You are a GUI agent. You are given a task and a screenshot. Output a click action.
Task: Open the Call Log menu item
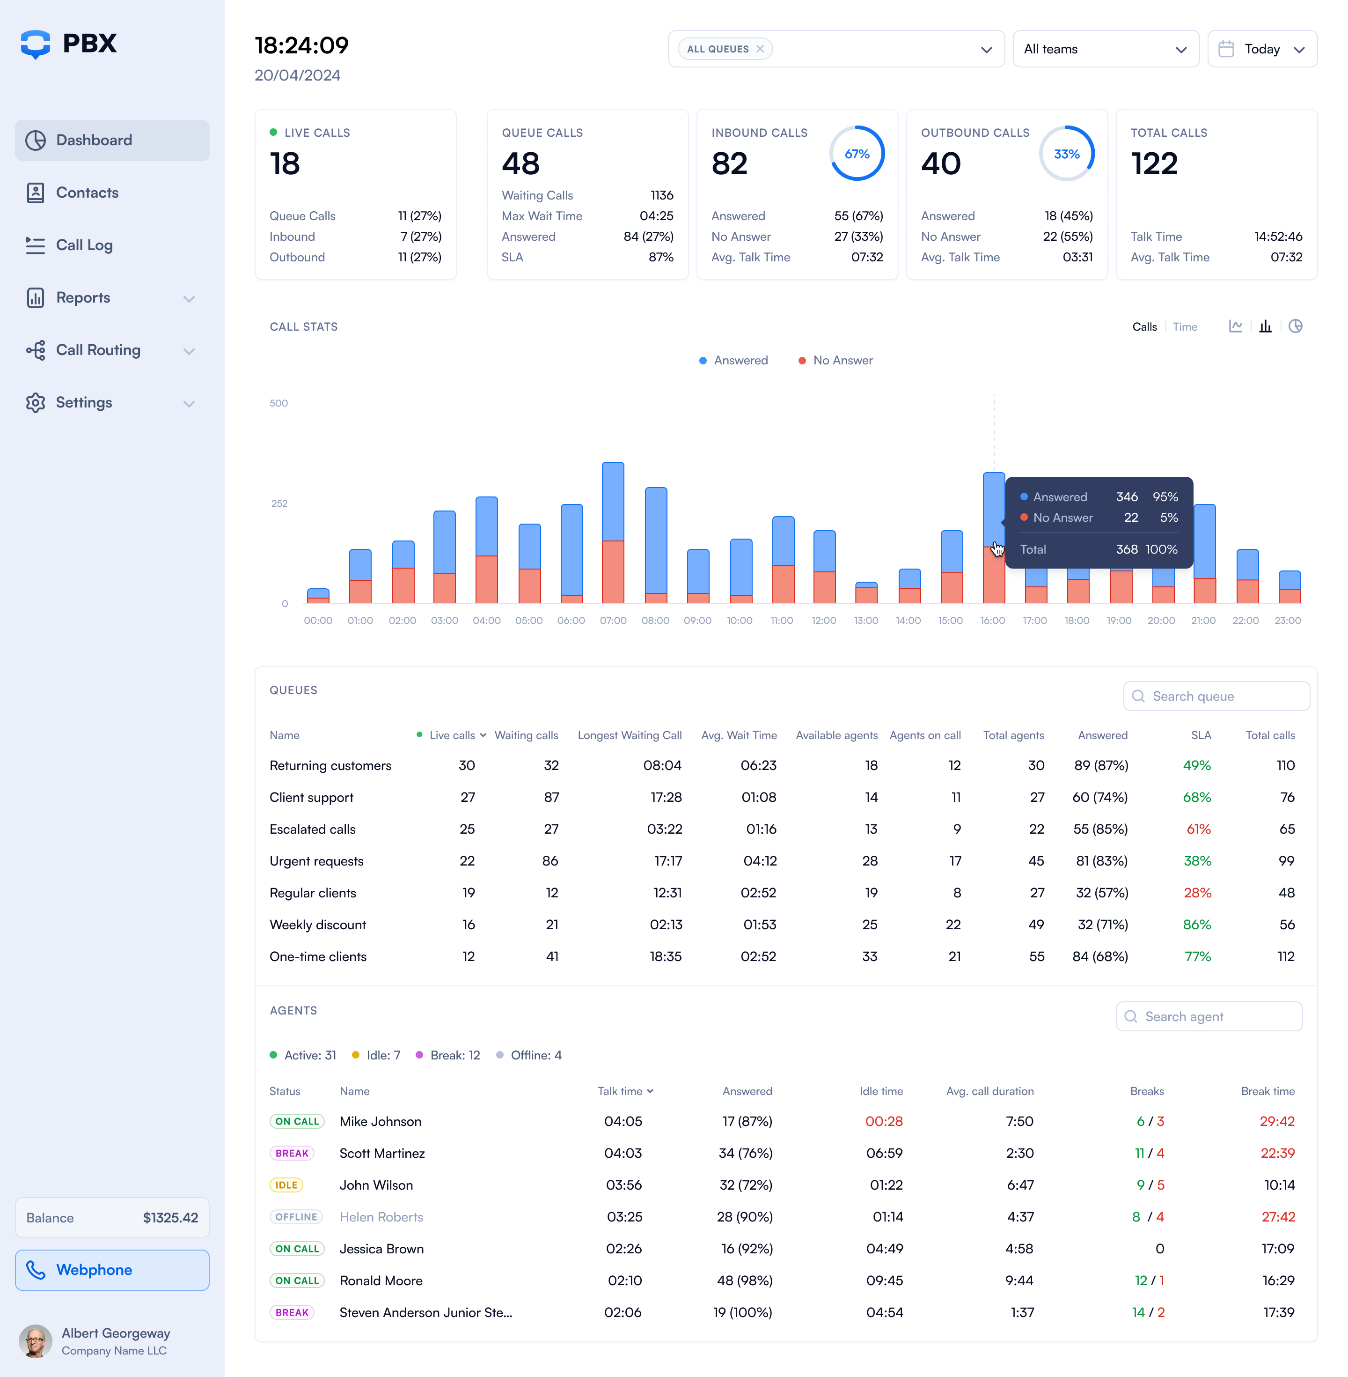point(84,245)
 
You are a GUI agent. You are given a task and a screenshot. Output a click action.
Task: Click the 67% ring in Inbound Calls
point(857,154)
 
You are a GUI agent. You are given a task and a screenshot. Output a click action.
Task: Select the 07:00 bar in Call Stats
point(613,531)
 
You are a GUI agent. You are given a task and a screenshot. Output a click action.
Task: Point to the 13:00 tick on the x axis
point(866,621)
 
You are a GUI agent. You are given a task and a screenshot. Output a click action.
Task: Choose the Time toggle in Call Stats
point(1185,326)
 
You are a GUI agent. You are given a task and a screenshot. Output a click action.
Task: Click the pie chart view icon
point(1295,326)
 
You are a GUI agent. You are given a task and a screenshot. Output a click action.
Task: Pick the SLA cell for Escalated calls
point(1198,829)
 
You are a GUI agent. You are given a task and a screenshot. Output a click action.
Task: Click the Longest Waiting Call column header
point(630,735)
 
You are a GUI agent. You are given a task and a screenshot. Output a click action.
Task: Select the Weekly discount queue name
point(318,925)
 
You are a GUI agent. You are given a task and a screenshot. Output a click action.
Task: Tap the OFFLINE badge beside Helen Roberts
point(296,1217)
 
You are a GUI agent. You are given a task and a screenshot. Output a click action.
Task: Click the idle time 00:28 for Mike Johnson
point(884,1121)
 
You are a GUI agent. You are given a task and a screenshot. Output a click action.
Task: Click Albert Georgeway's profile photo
point(36,1341)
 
